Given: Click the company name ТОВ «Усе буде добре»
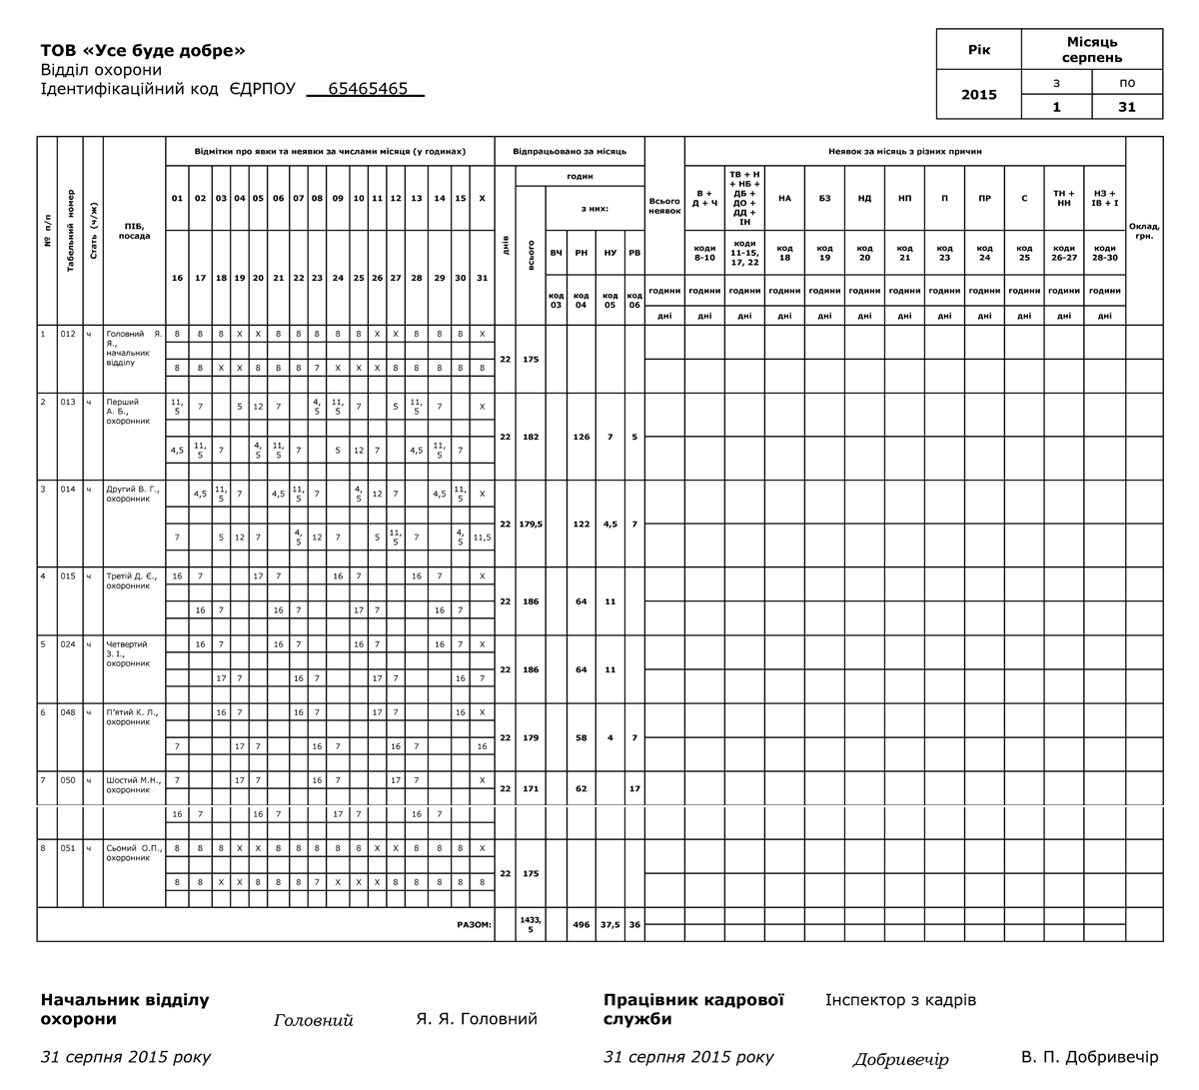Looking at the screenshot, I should pos(143,51).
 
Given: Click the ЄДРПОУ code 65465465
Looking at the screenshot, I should pos(367,89).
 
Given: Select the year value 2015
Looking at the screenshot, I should pos(978,95).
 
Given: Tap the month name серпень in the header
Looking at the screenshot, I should pos(1091,57).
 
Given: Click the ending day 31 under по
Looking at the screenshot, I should pos(1126,107).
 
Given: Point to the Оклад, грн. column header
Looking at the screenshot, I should pos(1143,231).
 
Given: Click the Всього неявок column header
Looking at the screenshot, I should pos(664,206).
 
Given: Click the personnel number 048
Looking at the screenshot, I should pos(68,712).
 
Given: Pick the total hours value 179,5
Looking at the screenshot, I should pos(531,524).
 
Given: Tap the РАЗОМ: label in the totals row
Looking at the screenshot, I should pos(474,924).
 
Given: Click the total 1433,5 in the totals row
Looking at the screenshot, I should pos(531,924).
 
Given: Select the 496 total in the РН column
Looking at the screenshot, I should pos(581,924).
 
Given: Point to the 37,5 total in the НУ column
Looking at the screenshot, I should pos(609,924).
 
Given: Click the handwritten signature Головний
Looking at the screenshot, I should pos(313,1021).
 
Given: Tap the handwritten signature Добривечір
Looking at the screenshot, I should pos(900,1060).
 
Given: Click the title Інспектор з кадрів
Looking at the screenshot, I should pos(900,1000).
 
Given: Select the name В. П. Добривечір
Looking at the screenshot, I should pos(1089,1057).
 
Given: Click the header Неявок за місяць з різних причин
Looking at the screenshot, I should pos(904,152).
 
